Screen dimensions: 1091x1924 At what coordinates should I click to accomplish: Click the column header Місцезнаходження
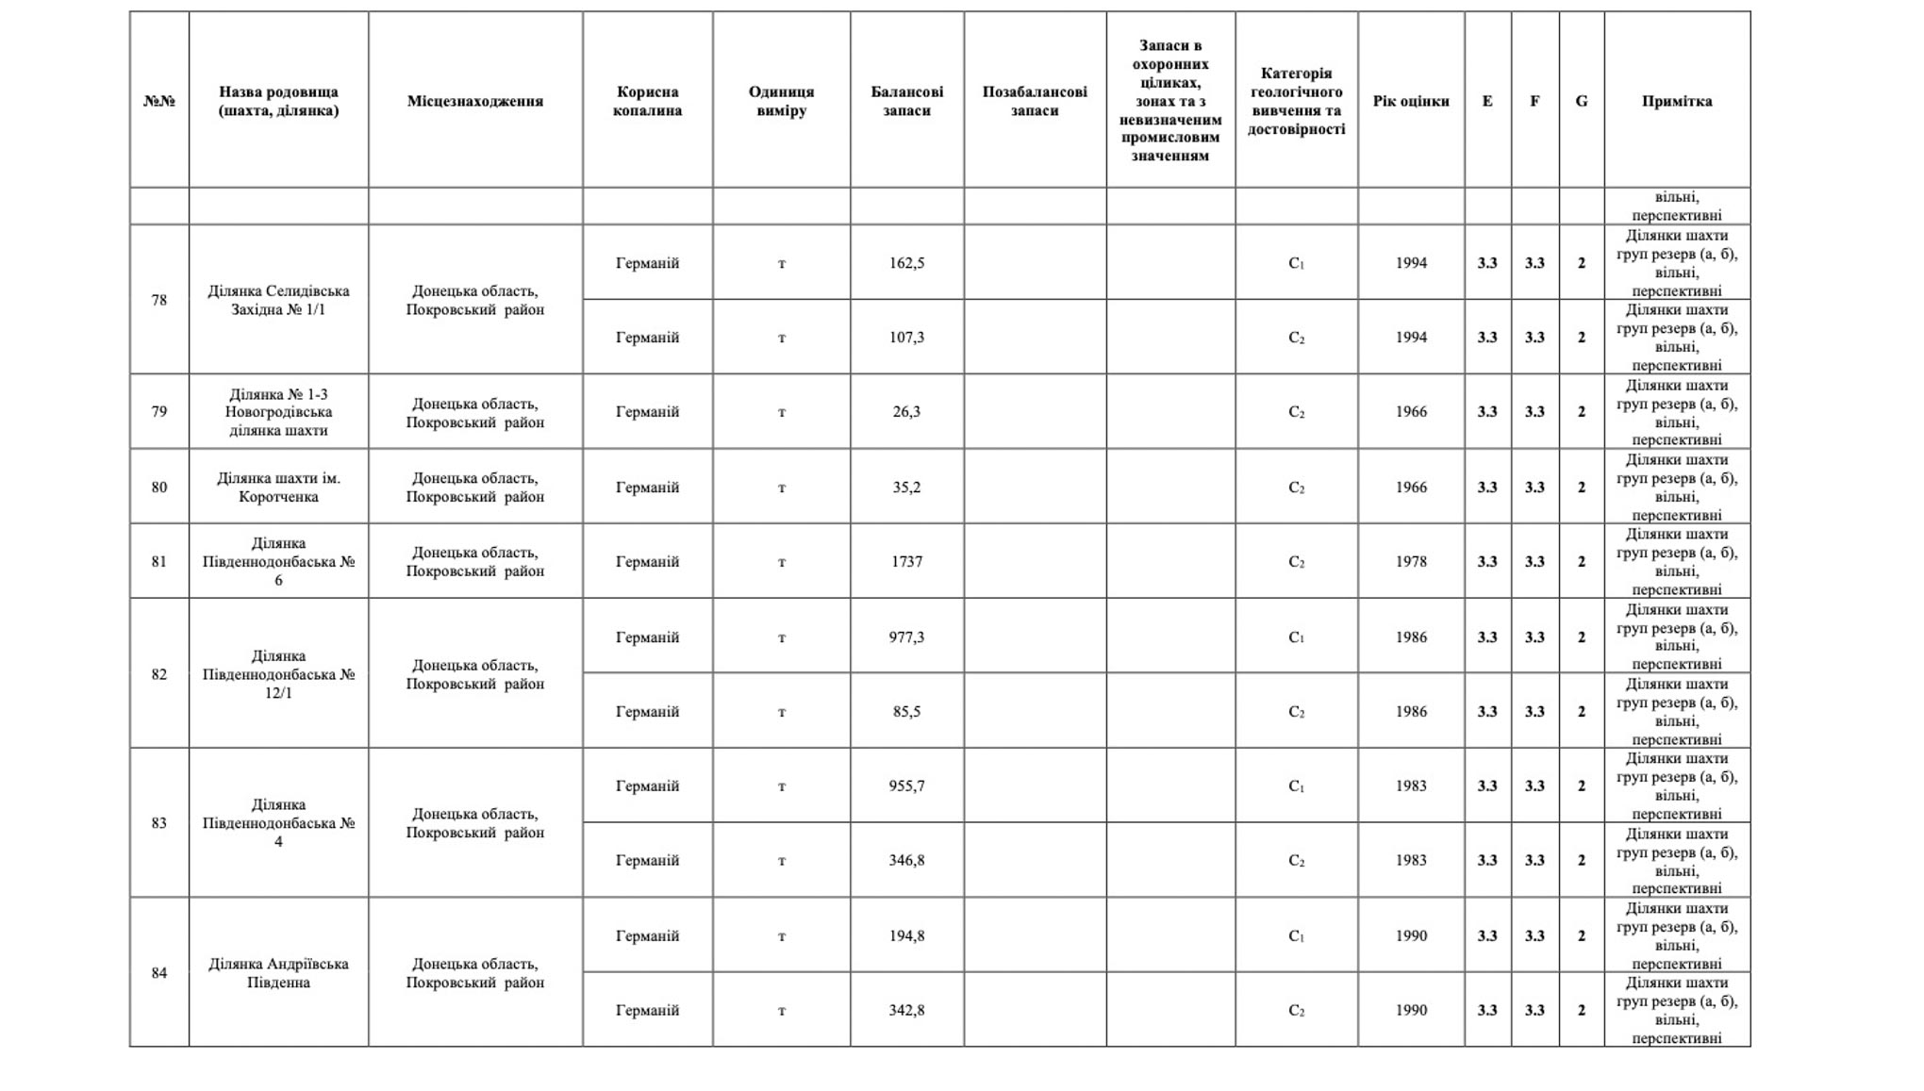coord(474,101)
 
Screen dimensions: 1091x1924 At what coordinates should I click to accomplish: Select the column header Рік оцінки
coord(1410,101)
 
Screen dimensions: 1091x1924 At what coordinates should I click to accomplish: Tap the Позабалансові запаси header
coord(1034,101)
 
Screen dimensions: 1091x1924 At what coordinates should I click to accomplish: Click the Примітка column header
coord(1676,101)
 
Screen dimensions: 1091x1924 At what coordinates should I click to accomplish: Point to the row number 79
coord(158,411)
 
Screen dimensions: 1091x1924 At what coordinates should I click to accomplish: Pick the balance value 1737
coord(906,561)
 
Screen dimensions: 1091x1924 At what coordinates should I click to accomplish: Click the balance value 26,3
coord(906,411)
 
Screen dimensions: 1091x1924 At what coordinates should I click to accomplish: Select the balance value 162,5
coord(906,263)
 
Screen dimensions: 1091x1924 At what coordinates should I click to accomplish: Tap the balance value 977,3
coord(906,636)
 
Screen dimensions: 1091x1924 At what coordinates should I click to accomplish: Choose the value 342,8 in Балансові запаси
coord(906,1010)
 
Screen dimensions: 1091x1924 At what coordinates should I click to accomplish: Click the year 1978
coord(1410,561)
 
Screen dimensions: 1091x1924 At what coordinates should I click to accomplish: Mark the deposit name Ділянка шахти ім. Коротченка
coord(278,488)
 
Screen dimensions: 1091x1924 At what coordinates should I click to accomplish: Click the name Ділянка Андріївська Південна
coord(278,973)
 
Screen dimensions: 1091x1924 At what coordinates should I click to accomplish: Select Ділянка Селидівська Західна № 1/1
coord(278,300)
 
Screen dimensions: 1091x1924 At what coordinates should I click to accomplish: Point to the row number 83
coord(158,823)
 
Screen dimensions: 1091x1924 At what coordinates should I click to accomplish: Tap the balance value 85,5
coord(906,711)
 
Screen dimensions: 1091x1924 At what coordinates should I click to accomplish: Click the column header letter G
coord(1581,101)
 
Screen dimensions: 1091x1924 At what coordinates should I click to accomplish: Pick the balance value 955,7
coord(906,785)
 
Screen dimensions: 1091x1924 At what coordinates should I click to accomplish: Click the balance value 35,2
coord(906,488)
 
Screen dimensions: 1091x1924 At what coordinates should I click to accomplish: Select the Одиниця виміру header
coord(781,101)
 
